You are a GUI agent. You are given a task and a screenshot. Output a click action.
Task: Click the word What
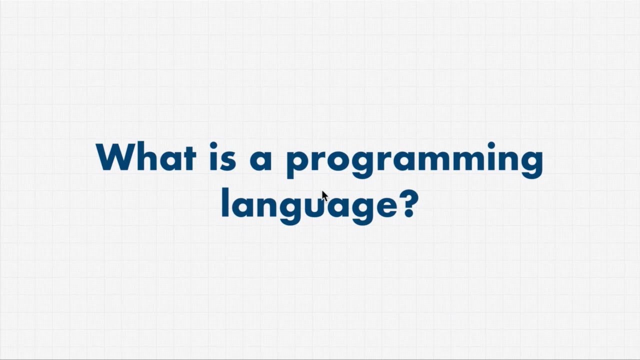click(x=145, y=157)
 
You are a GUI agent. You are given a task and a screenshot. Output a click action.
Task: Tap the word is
click(x=222, y=157)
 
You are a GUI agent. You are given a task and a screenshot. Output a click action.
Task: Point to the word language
click(x=311, y=205)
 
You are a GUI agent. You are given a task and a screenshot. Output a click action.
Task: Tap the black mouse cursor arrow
click(x=324, y=195)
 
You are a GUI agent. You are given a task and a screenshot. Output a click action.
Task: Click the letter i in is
click(x=213, y=157)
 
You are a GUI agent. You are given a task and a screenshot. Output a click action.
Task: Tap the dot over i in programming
click(x=491, y=145)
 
